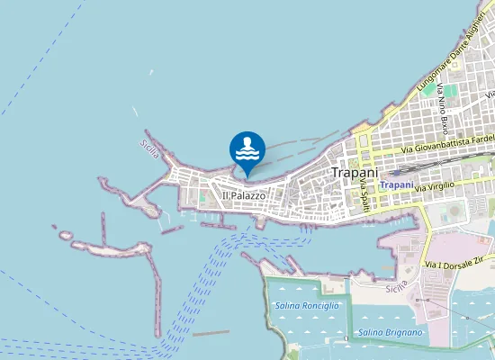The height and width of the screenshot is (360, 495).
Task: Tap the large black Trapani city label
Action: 354,171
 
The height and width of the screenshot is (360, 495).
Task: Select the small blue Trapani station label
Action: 397,184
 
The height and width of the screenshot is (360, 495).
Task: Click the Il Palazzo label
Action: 244,195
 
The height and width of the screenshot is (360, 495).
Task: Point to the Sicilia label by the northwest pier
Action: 149,146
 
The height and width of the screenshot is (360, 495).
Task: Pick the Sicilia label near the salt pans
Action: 396,287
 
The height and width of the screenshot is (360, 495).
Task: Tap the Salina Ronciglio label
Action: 307,306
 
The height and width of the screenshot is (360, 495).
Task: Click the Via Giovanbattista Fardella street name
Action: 448,142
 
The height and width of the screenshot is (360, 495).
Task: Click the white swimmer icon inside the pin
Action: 247,148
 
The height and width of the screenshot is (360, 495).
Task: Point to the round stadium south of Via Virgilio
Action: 450,211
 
